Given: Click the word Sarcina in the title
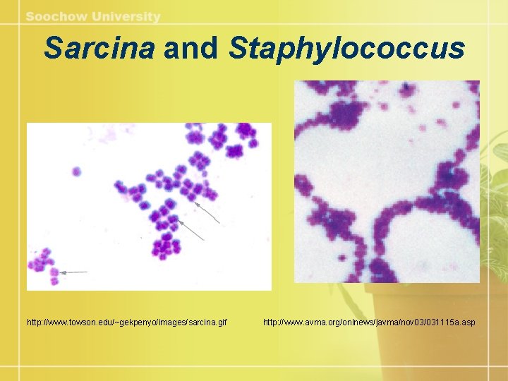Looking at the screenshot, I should [x=99, y=49].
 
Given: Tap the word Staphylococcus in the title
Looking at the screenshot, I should [x=347, y=49].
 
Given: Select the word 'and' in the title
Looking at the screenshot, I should [x=190, y=49].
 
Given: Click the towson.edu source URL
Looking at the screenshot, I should [x=127, y=322].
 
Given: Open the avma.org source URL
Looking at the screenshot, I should [x=369, y=322].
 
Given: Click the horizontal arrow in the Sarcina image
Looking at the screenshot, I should [x=74, y=272].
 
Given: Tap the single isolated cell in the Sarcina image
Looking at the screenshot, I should [x=76, y=171].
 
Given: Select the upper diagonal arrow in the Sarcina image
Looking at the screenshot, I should [x=208, y=212].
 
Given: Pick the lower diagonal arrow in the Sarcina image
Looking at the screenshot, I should [x=191, y=229].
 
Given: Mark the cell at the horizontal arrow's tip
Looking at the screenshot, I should [x=56, y=272].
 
